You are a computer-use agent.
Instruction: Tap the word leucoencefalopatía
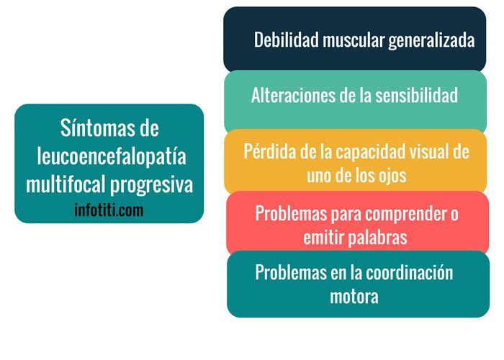tap(109, 157)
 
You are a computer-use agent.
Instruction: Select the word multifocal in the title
tap(66, 184)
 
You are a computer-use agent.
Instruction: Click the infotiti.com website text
tap(109, 210)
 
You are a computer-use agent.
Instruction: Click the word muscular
tap(354, 40)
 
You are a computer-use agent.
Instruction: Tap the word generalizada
tap(431, 40)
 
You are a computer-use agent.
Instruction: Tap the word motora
tap(354, 297)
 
